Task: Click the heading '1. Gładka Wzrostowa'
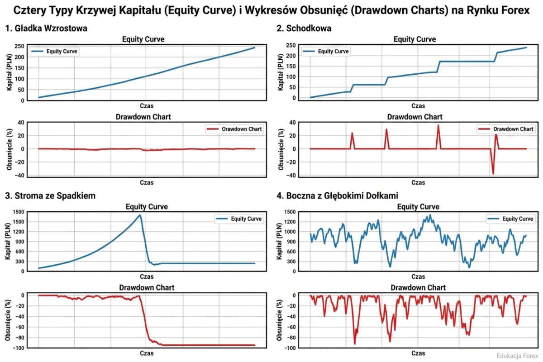[x=46, y=29]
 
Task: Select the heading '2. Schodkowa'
[x=304, y=29]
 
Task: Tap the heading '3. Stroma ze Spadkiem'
[x=50, y=195]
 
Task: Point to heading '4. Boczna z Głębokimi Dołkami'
[x=338, y=195]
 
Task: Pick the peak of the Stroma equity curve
[x=140, y=215]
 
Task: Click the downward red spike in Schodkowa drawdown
[x=493, y=173]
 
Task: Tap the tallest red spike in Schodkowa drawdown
[x=438, y=125]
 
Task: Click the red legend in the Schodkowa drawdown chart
[x=506, y=129]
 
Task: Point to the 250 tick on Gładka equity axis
[x=18, y=46]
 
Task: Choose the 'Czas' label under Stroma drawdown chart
[x=147, y=353]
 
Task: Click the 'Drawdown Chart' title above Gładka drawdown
[x=143, y=117]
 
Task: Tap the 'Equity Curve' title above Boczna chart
[x=418, y=207]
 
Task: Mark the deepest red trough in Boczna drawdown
[x=355, y=344]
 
